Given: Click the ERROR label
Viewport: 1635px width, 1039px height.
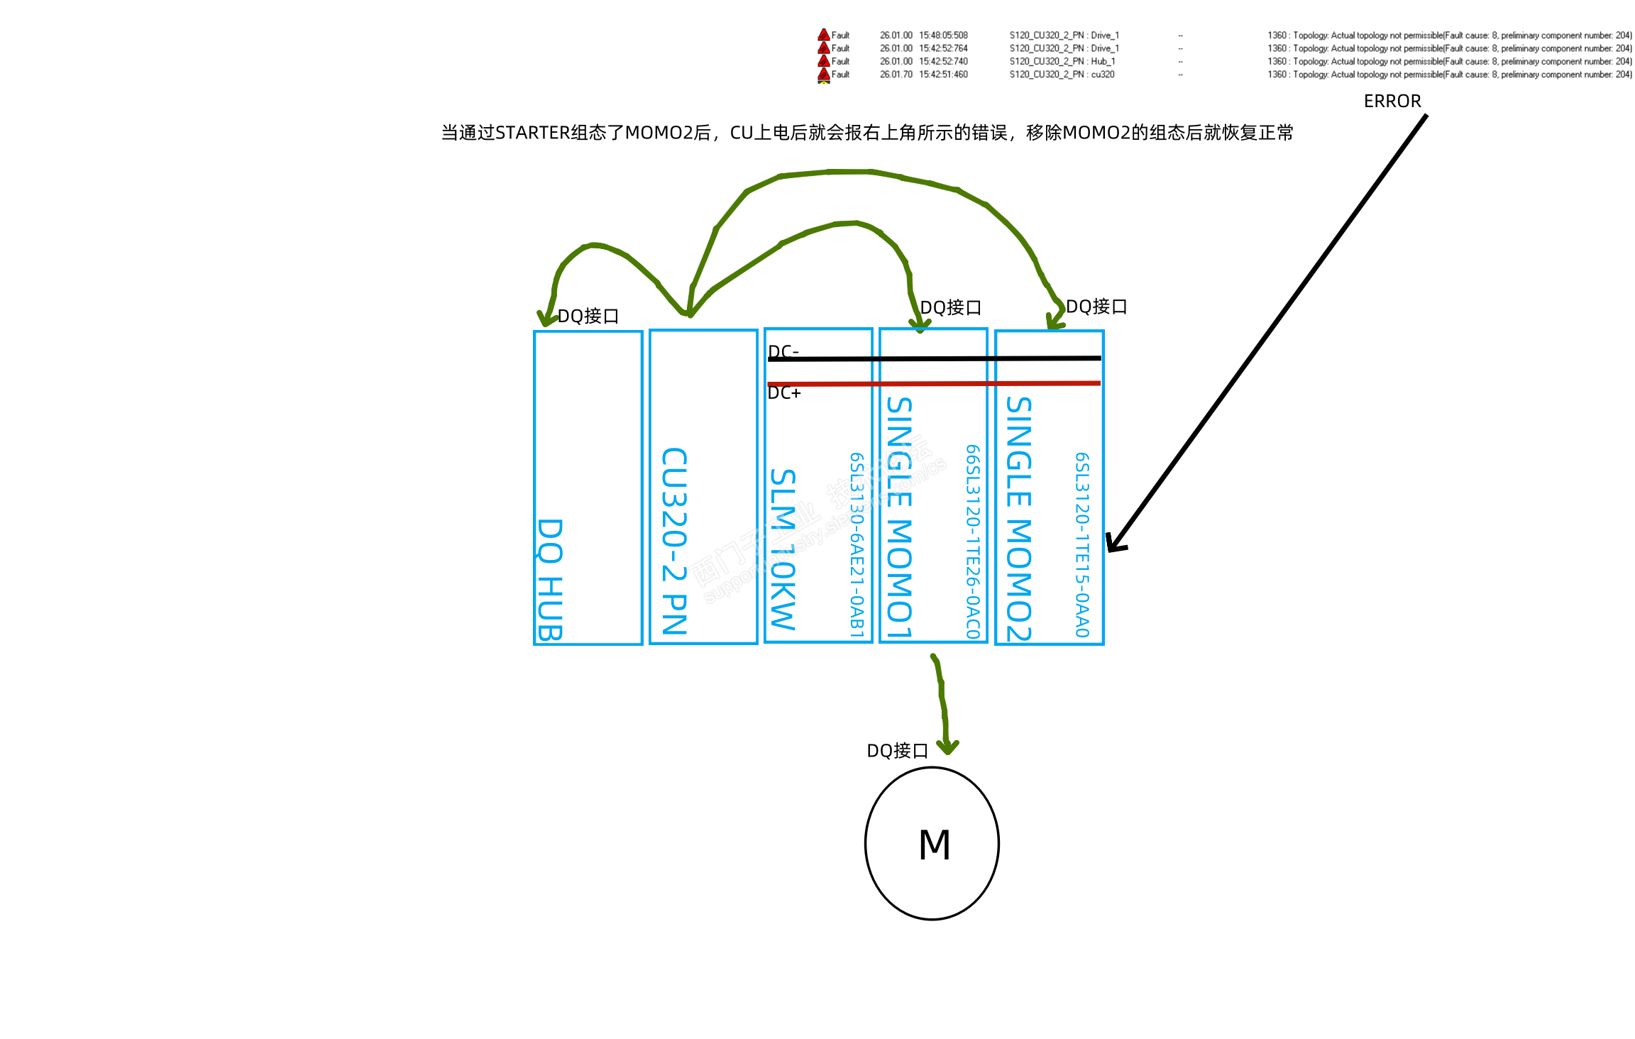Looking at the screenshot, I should click(x=1392, y=101).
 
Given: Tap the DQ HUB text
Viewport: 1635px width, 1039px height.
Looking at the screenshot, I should click(x=550, y=579).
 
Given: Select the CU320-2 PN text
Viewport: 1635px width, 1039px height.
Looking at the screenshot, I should click(x=674, y=541).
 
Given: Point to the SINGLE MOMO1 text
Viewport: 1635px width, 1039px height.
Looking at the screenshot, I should click(x=899, y=517).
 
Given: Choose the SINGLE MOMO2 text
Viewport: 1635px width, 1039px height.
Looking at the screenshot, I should click(x=1018, y=519).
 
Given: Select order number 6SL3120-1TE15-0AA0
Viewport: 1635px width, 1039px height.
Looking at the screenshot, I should click(x=1081, y=545).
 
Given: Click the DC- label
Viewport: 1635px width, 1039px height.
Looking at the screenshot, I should click(x=783, y=351).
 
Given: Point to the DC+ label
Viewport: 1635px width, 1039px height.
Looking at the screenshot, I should click(x=784, y=393).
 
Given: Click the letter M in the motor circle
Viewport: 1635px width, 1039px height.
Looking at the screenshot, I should click(x=934, y=845).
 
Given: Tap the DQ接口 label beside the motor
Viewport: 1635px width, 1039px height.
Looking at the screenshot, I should click(x=897, y=751).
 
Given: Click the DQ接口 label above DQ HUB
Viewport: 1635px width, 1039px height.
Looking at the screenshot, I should click(x=588, y=317).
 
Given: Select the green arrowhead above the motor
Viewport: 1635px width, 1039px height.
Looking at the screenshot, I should click(x=947, y=747).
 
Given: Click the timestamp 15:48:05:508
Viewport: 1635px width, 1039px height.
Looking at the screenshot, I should click(x=943, y=35).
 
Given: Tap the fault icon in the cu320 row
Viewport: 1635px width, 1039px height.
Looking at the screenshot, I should click(x=824, y=74).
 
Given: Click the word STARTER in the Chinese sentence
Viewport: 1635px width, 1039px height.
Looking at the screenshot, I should click(x=532, y=133).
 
